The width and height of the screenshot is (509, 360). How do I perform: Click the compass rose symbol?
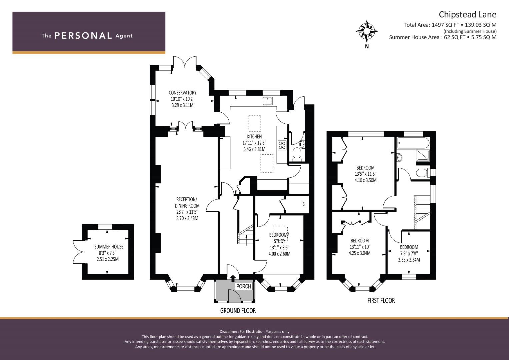pos(367,31)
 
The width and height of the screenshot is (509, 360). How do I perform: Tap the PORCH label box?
pos(244,286)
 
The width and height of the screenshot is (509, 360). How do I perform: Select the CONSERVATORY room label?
pos(182,93)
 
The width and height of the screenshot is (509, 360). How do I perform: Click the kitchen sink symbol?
pos(268,101)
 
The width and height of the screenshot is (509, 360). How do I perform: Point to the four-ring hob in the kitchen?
pos(282,145)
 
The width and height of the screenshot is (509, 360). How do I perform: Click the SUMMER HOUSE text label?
pos(109,247)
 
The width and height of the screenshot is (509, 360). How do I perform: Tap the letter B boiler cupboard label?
pos(303,204)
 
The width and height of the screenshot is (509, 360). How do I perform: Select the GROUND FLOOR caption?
pos(238,311)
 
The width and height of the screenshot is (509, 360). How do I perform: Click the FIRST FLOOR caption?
pos(381,300)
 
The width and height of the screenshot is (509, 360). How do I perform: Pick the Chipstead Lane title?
pos(467,15)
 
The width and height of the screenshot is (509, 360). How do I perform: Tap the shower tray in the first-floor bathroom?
pos(423,155)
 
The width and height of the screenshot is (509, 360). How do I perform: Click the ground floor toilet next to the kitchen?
pos(297,154)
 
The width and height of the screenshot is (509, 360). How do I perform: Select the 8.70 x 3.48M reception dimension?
pos(187,218)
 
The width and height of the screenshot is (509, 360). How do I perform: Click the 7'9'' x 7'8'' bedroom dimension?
pos(409,253)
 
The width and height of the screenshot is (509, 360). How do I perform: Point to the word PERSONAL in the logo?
pos(83,36)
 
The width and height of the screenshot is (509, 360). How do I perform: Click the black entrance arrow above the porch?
pos(233,278)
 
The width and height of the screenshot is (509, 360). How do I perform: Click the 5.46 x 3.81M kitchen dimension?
pos(254,149)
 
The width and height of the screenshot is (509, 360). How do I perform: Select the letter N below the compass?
pos(367,47)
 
